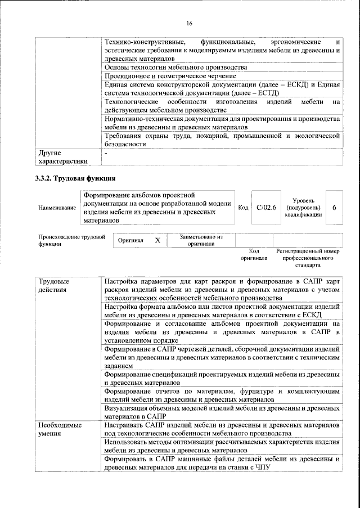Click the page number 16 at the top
click(x=189, y=23)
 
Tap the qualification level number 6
click(x=334, y=208)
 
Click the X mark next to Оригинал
click(x=157, y=240)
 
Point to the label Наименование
click(x=57, y=208)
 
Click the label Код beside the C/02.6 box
click(x=243, y=208)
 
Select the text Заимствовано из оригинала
click(x=201, y=241)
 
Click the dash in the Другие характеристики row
click(x=106, y=152)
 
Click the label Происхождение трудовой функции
click(x=71, y=241)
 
